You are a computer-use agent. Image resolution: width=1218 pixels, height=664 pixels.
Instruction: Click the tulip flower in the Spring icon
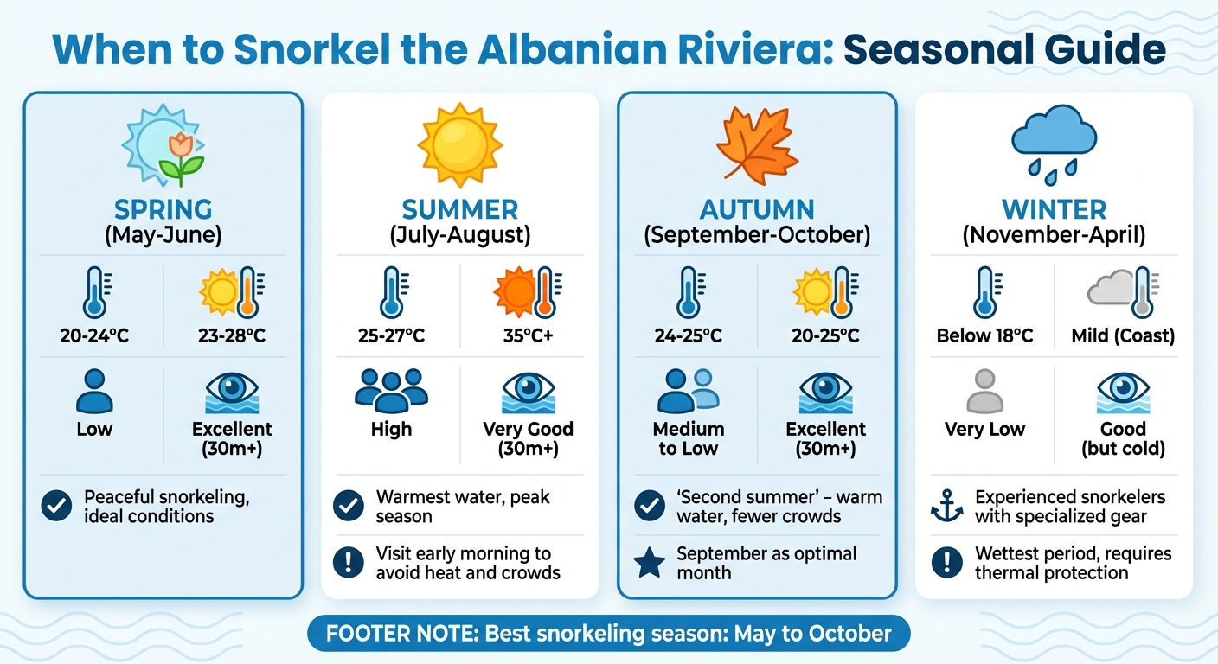click(181, 149)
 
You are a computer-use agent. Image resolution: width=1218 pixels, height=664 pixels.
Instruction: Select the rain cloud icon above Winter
click(1054, 143)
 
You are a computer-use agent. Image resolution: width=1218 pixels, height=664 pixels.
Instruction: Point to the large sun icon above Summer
click(459, 143)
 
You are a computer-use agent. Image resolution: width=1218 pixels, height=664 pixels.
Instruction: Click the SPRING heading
click(163, 209)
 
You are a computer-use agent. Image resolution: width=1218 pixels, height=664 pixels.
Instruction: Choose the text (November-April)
click(1054, 235)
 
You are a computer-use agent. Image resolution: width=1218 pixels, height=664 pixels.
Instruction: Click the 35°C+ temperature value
click(529, 335)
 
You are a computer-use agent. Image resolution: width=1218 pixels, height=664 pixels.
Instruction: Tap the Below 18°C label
click(984, 335)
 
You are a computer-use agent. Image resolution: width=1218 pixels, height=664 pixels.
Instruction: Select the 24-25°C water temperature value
click(689, 335)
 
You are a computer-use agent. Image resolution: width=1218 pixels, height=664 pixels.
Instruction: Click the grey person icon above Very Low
click(984, 391)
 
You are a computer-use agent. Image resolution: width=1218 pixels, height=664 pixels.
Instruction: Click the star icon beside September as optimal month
click(650, 563)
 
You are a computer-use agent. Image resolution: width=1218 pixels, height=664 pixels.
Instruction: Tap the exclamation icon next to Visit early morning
click(349, 563)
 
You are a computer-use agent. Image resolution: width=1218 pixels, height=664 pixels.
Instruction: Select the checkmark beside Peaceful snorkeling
click(57, 507)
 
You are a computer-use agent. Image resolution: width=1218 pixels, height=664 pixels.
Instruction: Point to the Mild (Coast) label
click(1123, 335)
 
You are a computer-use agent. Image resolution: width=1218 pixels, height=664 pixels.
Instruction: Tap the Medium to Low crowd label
click(689, 438)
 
